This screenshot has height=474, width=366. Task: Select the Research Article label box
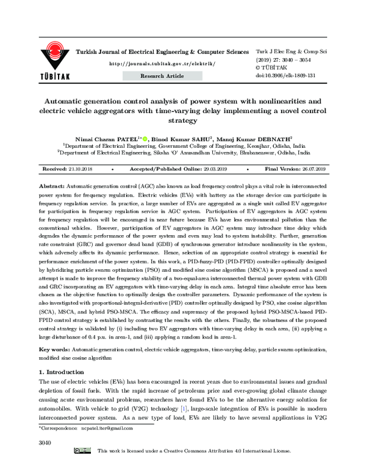tap(162, 76)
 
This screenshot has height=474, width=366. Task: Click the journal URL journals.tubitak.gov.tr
tap(162, 64)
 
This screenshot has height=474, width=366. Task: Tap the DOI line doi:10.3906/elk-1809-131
tap(285, 75)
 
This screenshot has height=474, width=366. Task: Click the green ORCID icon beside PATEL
tap(145, 139)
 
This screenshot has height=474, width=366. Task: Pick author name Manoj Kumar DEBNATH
tap(258, 139)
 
